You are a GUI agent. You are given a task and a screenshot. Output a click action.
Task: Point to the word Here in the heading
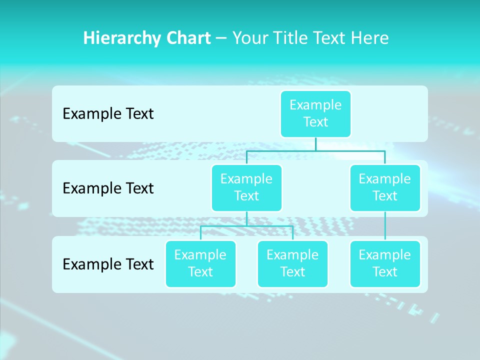370,38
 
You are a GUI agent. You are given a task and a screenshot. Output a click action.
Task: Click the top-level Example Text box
315,113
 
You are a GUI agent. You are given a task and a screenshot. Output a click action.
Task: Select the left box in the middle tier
246,187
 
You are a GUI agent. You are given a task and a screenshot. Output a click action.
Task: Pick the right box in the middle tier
385,187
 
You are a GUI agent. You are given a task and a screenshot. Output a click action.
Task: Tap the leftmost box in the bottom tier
200,263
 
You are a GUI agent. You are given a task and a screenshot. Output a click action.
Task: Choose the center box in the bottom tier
292,263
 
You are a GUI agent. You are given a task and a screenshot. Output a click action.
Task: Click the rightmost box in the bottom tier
385,263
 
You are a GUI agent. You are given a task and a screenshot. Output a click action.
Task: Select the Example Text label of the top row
108,114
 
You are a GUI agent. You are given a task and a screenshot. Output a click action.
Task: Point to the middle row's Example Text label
108,188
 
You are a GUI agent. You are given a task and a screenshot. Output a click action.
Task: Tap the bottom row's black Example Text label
108,264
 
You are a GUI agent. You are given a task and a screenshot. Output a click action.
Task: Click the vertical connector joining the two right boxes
385,226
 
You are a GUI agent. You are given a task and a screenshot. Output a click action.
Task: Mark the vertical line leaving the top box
315,144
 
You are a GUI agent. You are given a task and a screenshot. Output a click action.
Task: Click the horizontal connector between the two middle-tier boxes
315,150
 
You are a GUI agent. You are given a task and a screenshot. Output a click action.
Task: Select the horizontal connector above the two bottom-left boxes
246,226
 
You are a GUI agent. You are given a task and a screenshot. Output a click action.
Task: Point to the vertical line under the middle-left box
246,218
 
